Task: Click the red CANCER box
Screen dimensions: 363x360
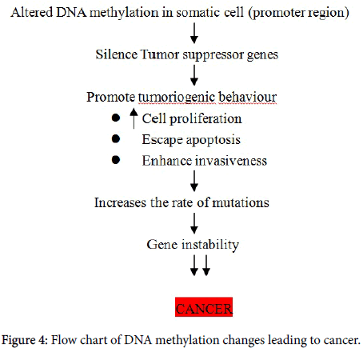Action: coord(204,307)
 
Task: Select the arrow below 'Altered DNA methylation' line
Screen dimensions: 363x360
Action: coord(194,33)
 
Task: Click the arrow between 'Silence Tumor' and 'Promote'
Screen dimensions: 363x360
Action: coord(194,75)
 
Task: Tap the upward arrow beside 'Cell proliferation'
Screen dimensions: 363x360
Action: coord(134,118)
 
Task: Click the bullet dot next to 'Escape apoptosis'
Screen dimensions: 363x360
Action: coord(116,138)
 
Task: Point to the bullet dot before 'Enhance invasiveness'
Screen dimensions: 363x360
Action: coord(116,160)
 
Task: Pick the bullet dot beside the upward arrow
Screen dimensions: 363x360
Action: coord(116,118)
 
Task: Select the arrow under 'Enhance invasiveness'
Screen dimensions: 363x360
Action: coord(194,181)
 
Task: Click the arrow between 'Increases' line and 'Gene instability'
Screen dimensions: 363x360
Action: coord(194,223)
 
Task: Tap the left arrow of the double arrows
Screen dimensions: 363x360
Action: coord(194,265)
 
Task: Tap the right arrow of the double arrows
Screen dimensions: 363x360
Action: coord(206,265)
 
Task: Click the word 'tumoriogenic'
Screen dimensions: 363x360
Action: coord(177,98)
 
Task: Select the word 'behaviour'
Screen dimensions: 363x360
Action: coord(248,97)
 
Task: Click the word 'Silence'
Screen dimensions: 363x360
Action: coord(116,54)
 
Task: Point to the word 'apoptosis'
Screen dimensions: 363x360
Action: coord(213,140)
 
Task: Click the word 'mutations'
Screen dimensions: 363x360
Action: coord(241,202)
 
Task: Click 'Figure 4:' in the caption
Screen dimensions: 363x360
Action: coord(25,341)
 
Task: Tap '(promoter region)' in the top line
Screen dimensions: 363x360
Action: coord(298,13)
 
